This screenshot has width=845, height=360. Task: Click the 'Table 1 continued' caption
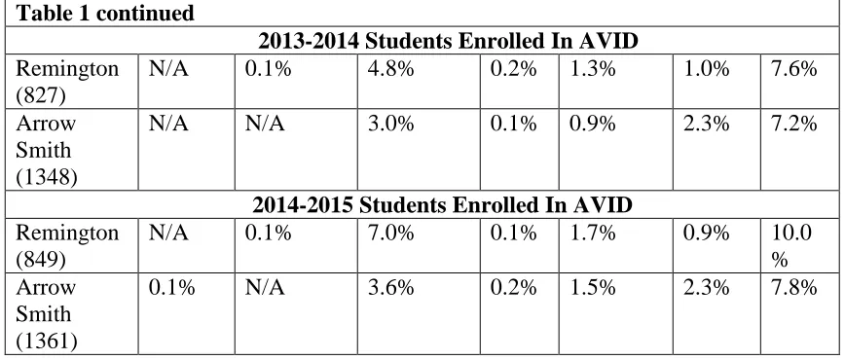[x=105, y=13]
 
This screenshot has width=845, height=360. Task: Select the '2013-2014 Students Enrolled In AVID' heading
[x=448, y=41]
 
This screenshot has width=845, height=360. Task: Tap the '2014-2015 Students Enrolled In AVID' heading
[x=442, y=204]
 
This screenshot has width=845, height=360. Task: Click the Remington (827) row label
[x=67, y=82]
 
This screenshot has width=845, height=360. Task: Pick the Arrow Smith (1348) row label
[x=47, y=150]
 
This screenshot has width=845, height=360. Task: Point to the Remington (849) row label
[x=67, y=246]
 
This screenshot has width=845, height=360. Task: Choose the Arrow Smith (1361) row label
[x=47, y=314]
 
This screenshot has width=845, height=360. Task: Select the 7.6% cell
[x=793, y=69]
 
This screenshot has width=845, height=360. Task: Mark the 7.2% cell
[x=793, y=124]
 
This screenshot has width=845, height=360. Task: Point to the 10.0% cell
[x=791, y=246]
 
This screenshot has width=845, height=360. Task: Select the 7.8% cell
[x=793, y=287]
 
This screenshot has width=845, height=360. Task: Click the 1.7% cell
[x=592, y=233]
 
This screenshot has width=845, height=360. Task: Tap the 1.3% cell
[x=592, y=69]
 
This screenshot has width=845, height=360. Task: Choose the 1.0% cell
[x=707, y=69]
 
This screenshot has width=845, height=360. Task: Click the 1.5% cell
[x=592, y=287]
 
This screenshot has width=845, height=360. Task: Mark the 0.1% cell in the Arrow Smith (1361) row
[x=171, y=287]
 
